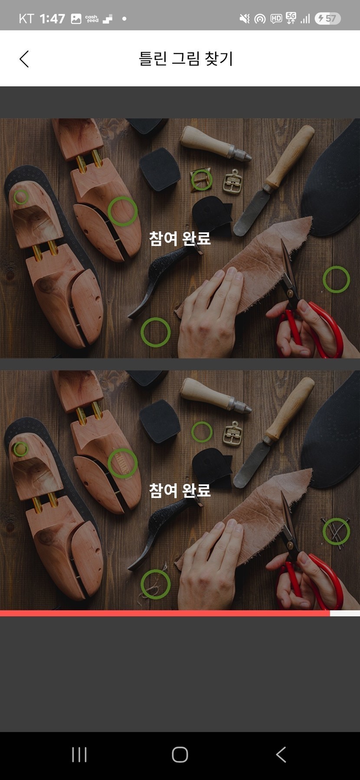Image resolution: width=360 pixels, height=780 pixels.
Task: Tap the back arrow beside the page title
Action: coord(24,59)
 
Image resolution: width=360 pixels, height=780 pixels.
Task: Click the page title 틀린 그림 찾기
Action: coord(186,59)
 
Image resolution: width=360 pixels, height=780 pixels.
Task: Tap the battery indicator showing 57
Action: coord(327,18)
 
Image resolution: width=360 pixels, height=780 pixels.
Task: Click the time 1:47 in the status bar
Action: coord(52,19)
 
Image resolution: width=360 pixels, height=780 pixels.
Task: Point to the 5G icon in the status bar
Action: coord(291,18)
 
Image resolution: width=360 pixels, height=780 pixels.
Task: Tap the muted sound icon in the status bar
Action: coord(245,19)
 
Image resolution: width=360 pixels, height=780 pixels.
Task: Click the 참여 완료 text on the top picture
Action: coord(180,238)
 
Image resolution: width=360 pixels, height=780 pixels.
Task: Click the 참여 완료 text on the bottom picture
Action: coord(180,490)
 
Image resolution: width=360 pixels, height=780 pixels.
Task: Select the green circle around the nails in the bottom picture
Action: coord(336,518)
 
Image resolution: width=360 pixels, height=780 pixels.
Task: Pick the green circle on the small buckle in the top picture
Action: coord(202,169)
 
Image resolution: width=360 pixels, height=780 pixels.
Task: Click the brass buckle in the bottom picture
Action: coord(233,433)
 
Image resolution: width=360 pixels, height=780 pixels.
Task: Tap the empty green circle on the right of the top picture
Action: coord(336,266)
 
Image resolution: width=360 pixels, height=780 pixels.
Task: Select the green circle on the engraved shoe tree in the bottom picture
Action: coord(123,449)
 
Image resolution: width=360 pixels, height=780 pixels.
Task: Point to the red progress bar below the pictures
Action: coord(165,613)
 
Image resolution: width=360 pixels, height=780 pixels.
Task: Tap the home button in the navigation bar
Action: coord(180,755)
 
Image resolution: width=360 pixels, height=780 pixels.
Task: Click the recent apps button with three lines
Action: coord(79,755)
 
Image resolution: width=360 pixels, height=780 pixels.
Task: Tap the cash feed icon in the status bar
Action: coord(92,19)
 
